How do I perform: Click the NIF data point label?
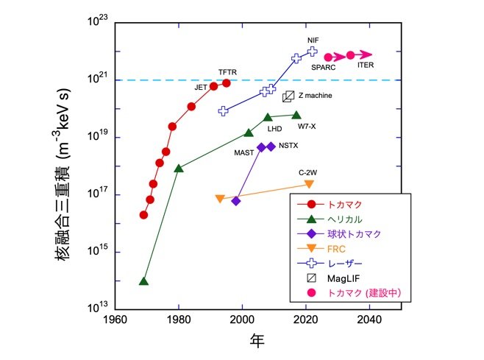pos(313,40)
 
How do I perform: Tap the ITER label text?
pos(366,66)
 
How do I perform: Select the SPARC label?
pos(323,67)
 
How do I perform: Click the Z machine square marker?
pos(288,96)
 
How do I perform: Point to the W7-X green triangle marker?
pos(296,115)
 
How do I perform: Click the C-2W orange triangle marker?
pos(309,184)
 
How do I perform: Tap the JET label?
pos(200,87)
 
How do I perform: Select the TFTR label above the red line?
pos(227,72)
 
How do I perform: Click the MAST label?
pos(244,152)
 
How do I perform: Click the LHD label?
pos(274,128)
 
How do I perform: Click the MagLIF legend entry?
pos(342,278)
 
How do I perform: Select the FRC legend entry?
pos(337,248)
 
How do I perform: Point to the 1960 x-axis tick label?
pos(114,320)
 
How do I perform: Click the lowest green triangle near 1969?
pos(143,281)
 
